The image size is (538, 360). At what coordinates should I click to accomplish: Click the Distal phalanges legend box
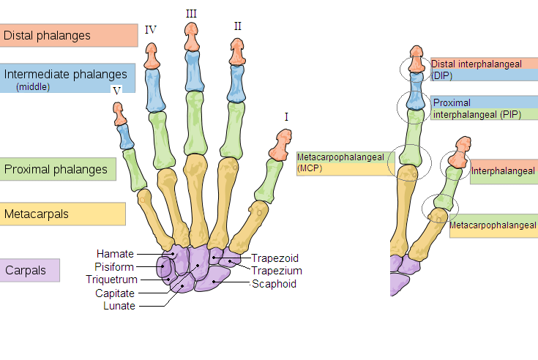[x=69, y=35]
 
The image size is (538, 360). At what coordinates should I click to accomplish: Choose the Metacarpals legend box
[x=62, y=214]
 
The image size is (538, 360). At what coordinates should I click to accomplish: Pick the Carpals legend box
[x=29, y=270]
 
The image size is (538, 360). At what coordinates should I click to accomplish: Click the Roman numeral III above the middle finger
[x=191, y=14]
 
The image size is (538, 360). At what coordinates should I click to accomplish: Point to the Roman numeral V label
[x=116, y=90]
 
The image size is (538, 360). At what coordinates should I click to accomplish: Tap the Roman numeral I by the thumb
[x=286, y=116]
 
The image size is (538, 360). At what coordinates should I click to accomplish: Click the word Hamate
[x=115, y=254]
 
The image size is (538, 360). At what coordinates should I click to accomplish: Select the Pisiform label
[x=114, y=266]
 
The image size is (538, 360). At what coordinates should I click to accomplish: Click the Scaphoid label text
[x=274, y=284]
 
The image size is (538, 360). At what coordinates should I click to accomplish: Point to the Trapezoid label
[x=275, y=258]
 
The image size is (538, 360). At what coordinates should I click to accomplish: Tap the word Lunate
[x=119, y=306]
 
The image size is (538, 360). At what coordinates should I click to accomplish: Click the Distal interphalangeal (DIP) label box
[x=484, y=70]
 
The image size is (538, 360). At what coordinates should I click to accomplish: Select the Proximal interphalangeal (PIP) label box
[x=484, y=108]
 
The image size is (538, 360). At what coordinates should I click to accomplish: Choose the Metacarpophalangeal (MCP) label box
[x=345, y=163]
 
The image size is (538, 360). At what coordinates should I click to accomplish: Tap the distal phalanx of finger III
[x=191, y=38]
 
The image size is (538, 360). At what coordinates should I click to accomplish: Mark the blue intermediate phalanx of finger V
[x=125, y=135]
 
